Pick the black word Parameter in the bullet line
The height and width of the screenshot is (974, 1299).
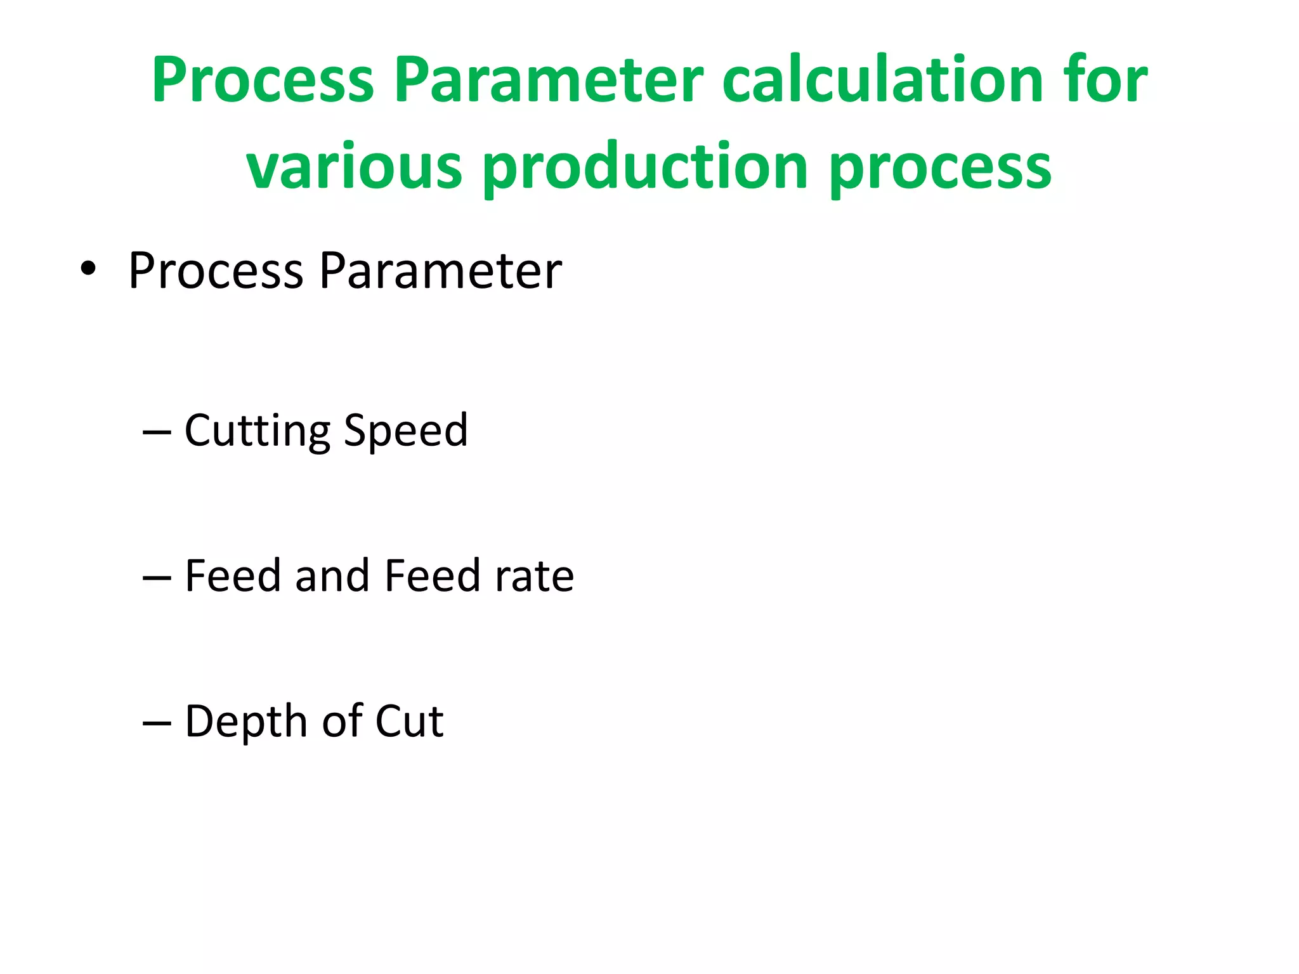[440, 271]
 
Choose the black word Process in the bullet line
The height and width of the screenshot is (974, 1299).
[216, 271]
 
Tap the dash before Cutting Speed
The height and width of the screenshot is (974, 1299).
[157, 432]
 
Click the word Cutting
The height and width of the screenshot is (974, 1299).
[257, 431]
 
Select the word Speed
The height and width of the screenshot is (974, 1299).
[405, 431]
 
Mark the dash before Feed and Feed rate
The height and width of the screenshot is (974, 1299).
[157, 578]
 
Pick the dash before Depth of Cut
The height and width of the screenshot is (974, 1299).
[157, 723]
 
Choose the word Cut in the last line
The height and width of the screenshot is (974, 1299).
[409, 722]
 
